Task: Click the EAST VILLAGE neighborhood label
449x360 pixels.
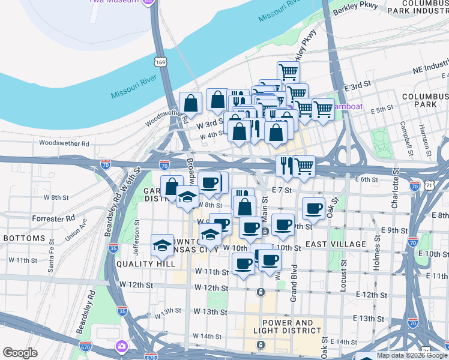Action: click(x=336, y=244)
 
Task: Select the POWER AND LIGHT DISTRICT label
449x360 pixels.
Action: click(x=279, y=326)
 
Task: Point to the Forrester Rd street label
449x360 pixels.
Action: click(x=53, y=218)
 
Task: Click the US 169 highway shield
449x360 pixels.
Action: click(x=160, y=62)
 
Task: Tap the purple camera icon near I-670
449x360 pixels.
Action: click(x=122, y=347)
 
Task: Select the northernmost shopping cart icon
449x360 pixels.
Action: click(x=289, y=72)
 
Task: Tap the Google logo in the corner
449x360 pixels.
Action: click(x=20, y=353)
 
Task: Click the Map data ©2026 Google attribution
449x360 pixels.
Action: click(x=412, y=355)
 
